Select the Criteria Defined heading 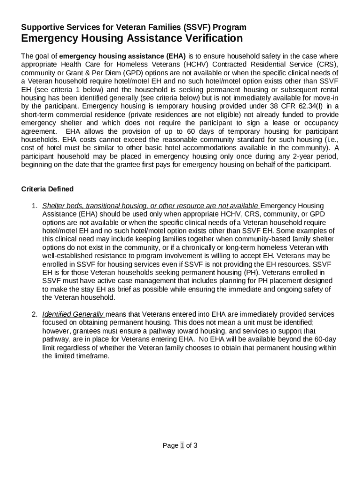pyautogui.click(x=47, y=189)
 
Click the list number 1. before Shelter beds pyautogui.click(x=34, y=206)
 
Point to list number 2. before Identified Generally pyautogui.click(x=34, y=314)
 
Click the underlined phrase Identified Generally pyautogui.click(x=73, y=314)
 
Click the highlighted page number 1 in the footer pyautogui.click(x=182, y=445)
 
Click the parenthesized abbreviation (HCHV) pyautogui.click(x=196, y=64)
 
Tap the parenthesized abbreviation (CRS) pyautogui.click(x=327, y=64)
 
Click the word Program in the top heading pyautogui.click(x=229, y=27)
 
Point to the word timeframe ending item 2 pyautogui.click(x=92, y=356)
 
